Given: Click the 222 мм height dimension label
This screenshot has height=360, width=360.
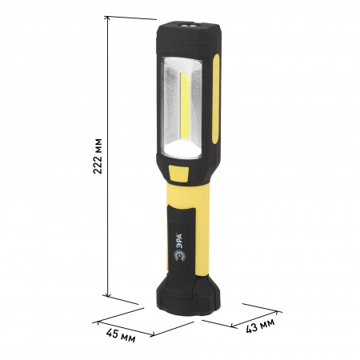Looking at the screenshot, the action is [98, 156].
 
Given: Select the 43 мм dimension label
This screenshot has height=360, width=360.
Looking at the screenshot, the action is [260, 326].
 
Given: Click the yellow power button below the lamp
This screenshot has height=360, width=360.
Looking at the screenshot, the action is [178, 174].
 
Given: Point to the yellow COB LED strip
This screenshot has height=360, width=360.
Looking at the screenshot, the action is [185, 106].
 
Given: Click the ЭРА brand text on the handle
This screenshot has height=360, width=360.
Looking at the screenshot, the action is [179, 242].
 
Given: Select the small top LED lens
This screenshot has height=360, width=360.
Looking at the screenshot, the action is [188, 26].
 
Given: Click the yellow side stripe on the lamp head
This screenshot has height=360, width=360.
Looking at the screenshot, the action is [216, 99].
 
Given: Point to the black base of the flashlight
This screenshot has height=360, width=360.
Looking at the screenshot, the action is [188, 294].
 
